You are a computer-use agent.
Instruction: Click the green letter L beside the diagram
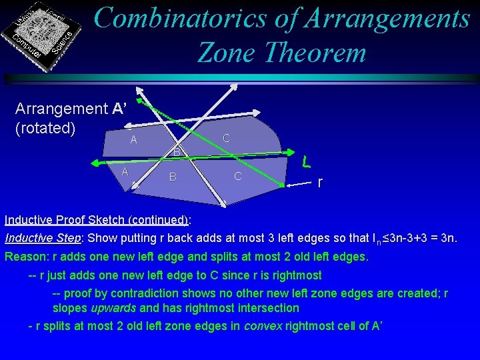click(305, 161)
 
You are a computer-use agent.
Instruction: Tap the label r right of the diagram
click(321, 182)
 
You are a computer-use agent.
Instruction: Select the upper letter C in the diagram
click(227, 138)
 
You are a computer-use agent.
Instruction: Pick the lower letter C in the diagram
click(238, 176)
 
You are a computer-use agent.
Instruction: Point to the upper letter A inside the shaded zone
click(133, 140)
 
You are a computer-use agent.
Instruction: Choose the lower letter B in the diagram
click(173, 177)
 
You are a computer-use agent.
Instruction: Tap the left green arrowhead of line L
click(96, 163)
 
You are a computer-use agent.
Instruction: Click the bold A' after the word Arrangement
click(121, 109)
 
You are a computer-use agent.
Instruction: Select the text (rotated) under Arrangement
click(45, 127)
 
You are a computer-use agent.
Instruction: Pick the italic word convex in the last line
click(261, 325)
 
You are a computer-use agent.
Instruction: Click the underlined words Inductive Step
click(43, 238)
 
